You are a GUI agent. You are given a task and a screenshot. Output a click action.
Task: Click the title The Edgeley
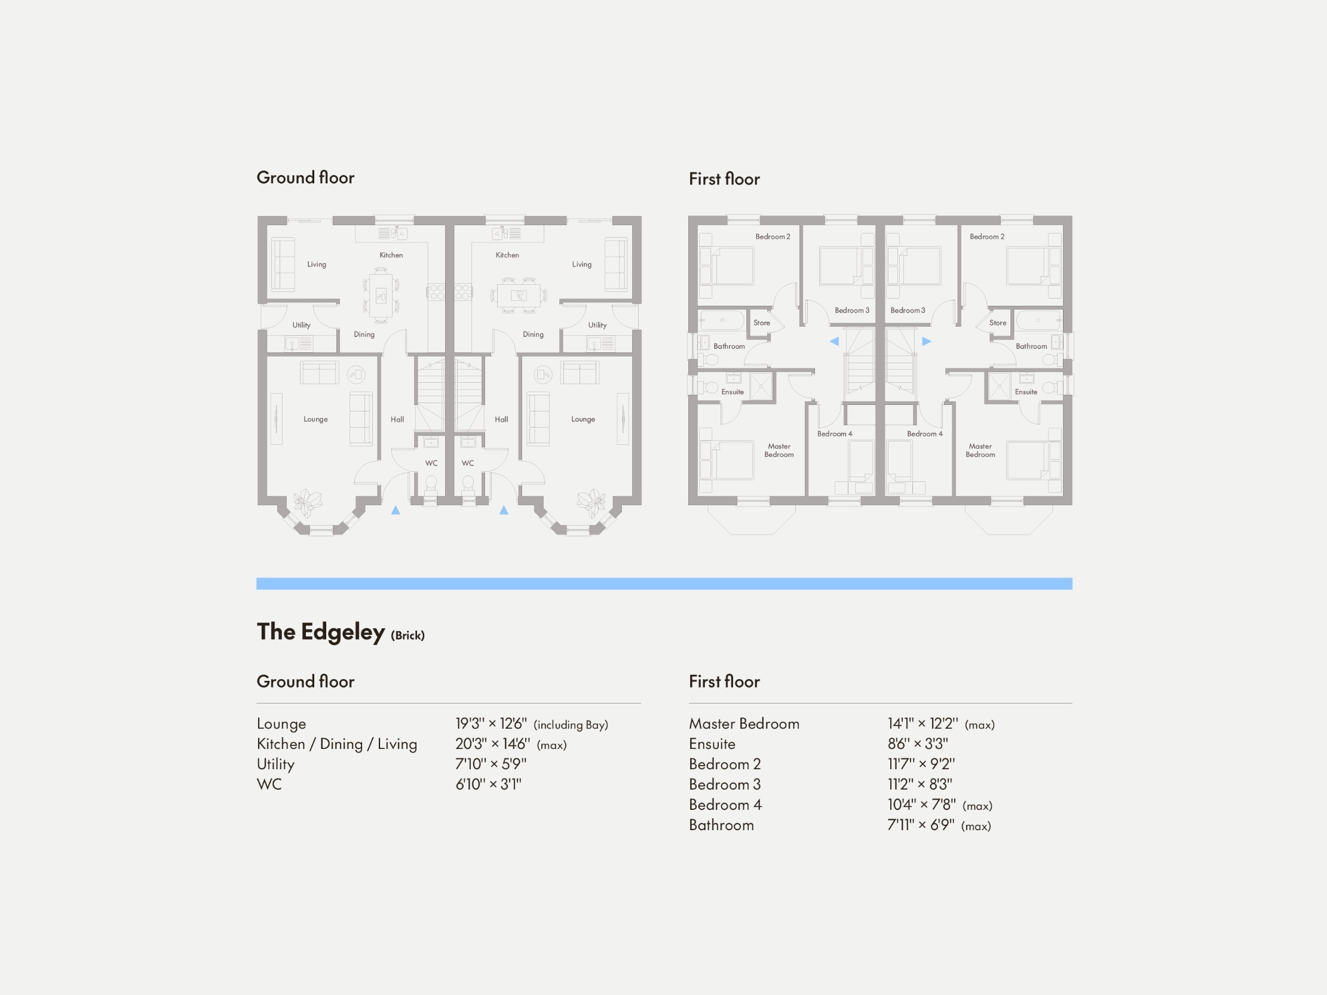click(x=320, y=632)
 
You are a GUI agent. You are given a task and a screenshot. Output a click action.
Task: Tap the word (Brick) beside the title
click(x=407, y=635)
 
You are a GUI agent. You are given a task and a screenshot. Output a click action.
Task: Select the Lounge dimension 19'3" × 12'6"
click(x=491, y=724)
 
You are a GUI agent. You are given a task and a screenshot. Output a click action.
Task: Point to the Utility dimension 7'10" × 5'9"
click(x=490, y=764)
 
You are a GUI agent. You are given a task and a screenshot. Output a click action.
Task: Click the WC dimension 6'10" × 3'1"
click(x=488, y=785)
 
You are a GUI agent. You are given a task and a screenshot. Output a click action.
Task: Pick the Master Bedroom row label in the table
click(x=744, y=724)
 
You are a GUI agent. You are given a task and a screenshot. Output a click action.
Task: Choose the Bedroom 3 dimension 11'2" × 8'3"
click(x=920, y=785)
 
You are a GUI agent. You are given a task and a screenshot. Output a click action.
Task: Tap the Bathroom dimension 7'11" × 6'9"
click(x=920, y=825)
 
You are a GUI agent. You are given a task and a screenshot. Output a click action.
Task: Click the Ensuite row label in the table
click(x=712, y=744)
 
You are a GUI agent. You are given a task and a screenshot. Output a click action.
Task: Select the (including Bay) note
click(x=571, y=725)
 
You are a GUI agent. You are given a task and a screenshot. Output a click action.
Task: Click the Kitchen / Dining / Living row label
click(x=336, y=744)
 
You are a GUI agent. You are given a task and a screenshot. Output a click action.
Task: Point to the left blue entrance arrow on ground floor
click(x=396, y=511)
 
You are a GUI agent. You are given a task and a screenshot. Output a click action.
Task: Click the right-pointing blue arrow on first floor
click(x=926, y=341)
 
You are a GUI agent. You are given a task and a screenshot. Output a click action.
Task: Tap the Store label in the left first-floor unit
click(x=761, y=323)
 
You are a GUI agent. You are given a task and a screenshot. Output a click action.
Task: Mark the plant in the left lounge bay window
click(x=307, y=502)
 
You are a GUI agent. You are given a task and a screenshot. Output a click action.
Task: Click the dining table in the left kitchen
click(x=381, y=295)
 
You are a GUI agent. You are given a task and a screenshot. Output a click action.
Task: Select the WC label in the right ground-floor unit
click(x=467, y=463)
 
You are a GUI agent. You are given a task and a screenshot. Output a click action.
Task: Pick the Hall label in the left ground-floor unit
click(x=397, y=419)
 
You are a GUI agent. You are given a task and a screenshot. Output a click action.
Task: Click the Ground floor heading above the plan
click(x=305, y=177)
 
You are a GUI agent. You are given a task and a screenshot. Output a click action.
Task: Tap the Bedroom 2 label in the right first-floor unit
click(x=987, y=237)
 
